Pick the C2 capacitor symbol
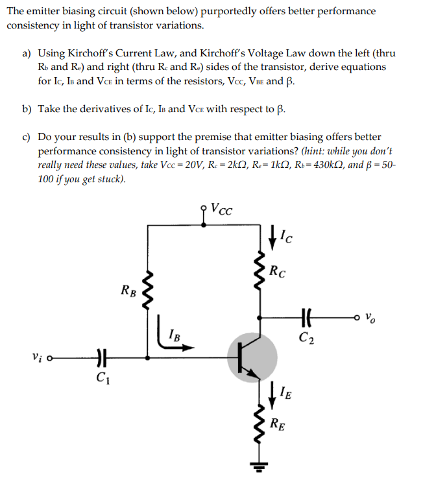coord(308,319)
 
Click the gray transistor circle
coord(252,357)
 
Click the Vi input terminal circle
coord(49,357)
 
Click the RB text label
coord(128,290)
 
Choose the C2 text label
coord(308,337)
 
